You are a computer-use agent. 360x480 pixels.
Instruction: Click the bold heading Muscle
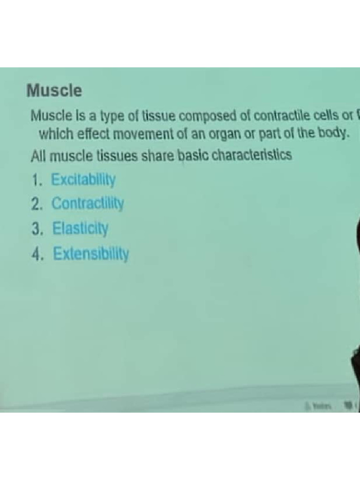coord(54,90)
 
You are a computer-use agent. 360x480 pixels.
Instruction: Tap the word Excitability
coord(83,180)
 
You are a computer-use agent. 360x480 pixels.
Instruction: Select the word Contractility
coord(88,204)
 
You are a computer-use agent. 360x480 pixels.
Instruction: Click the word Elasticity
coord(81,229)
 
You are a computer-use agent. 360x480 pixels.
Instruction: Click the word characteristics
coord(252,155)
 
